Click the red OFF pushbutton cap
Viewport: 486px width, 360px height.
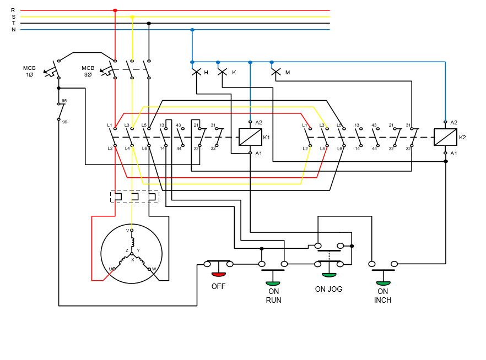pyautogui.click(x=219, y=274)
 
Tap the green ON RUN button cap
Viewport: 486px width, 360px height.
pyautogui.click(x=273, y=283)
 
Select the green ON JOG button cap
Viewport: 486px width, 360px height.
pyautogui.click(x=329, y=275)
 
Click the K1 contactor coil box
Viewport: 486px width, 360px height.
pyautogui.click(x=250, y=137)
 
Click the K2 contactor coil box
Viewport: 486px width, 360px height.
pyautogui.click(x=445, y=137)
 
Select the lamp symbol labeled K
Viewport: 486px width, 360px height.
pyautogui.click(x=222, y=72)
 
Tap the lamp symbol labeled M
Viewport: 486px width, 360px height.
pyautogui.click(x=276, y=72)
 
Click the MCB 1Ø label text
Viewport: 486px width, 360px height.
pyautogui.click(x=29, y=71)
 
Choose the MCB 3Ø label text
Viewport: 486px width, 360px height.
pyautogui.click(x=88, y=71)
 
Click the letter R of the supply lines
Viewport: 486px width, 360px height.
pyautogui.click(x=13, y=10)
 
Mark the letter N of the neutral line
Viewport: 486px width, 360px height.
pyautogui.click(x=13, y=30)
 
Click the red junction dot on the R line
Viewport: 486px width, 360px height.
pyautogui.click(x=115, y=10)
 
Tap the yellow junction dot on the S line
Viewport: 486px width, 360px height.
pyautogui.click(x=132, y=17)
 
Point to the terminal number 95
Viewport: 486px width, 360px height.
pyautogui.click(x=64, y=101)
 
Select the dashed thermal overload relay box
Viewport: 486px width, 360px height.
pyautogui.click(x=134, y=197)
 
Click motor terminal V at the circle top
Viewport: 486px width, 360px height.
pyautogui.click(x=131, y=230)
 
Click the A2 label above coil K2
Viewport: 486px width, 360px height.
pyautogui.click(x=453, y=122)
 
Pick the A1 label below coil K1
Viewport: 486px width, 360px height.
pyautogui.click(x=258, y=153)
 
